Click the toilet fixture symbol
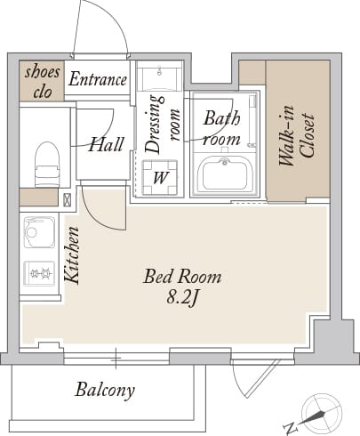coord(47,164)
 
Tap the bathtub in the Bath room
coord(225,174)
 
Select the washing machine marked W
coord(160,177)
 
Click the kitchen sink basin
coord(39,232)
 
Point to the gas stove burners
coord(39,273)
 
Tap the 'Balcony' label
coord(105,390)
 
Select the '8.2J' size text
coord(182,297)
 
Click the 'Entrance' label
coord(98,79)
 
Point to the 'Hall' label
coord(106,144)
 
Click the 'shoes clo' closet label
coord(43,82)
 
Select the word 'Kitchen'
coord(72,255)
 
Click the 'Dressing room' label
coord(163,124)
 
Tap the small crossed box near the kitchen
coord(68,200)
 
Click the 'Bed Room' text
coord(182,277)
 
